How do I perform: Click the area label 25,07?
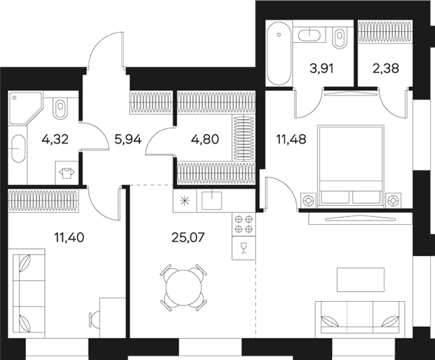[x=188, y=237]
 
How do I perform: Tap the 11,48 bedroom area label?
[x=291, y=139]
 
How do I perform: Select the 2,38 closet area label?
[x=386, y=68]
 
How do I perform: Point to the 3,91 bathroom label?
[x=321, y=68]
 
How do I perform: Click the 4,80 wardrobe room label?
[x=205, y=139]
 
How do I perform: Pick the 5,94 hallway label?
[x=128, y=139]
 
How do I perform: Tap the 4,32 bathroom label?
[x=55, y=139]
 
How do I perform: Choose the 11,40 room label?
[x=70, y=237]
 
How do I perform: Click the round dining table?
[x=183, y=287]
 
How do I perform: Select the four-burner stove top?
[x=244, y=224]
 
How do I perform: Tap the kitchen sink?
[x=212, y=200]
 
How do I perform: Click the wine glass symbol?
[x=244, y=247]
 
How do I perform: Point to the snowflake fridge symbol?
[x=184, y=200]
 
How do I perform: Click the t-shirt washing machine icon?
[x=67, y=173]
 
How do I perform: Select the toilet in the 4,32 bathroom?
[x=61, y=108]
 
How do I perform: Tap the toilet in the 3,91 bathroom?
[x=339, y=38]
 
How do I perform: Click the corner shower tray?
[x=25, y=107]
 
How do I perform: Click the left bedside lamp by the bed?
[x=308, y=200]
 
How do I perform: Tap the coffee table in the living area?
[x=360, y=279]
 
